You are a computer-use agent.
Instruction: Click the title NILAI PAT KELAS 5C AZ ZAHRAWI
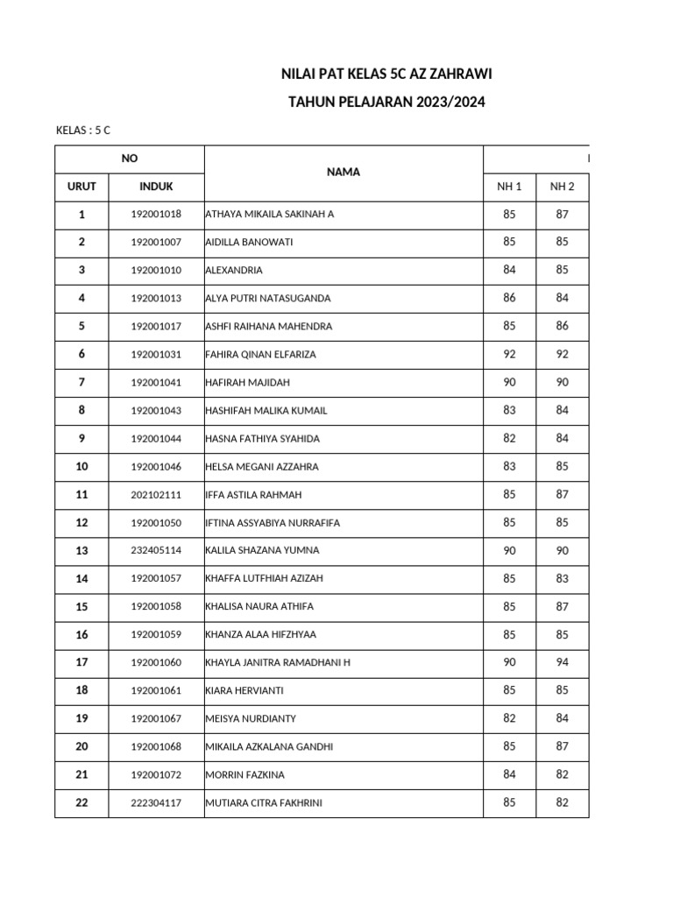tap(386, 76)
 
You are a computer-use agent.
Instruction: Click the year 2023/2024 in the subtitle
tap(443, 103)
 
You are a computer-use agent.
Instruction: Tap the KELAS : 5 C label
tap(83, 131)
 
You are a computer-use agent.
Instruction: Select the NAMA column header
tap(344, 173)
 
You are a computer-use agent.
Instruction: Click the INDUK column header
tap(156, 187)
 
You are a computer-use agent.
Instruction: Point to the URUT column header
tap(81, 187)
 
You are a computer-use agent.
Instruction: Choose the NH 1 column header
tap(509, 187)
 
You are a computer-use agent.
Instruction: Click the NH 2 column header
tap(562, 187)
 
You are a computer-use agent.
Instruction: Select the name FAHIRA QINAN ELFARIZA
tap(260, 355)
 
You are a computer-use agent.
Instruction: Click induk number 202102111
tap(156, 495)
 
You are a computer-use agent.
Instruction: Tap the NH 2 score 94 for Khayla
tap(562, 662)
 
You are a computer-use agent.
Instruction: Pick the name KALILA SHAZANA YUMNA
tap(262, 551)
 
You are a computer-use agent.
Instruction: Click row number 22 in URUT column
tap(81, 802)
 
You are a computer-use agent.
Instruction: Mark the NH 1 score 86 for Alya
tap(509, 298)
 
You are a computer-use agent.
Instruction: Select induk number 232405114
tap(156, 551)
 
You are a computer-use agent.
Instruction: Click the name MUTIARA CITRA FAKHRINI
tap(263, 803)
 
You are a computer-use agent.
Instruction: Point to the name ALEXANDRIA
tap(234, 271)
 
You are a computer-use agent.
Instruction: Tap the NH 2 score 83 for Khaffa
tap(562, 578)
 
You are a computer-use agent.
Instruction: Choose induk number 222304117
tap(156, 803)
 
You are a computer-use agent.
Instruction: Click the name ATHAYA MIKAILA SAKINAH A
tap(270, 215)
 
